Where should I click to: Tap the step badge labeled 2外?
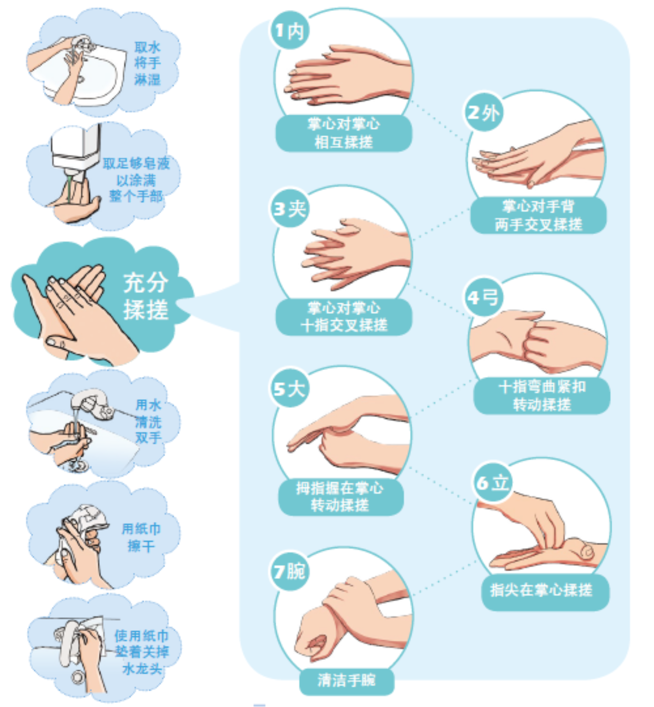(x=484, y=112)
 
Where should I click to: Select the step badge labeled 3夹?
(x=289, y=208)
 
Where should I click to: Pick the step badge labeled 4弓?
(x=484, y=297)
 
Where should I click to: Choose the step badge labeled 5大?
(x=289, y=388)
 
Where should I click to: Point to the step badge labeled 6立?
(x=493, y=482)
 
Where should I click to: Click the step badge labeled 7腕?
(x=289, y=572)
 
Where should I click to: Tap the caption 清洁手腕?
(x=347, y=679)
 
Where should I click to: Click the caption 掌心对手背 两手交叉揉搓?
(x=538, y=216)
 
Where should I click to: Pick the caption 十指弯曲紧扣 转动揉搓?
(x=542, y=396)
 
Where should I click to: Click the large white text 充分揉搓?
(x=146, y=296)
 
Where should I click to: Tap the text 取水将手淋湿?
(x=147, y=63)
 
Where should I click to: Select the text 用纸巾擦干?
(x=141, y=537)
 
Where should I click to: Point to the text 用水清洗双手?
(x=148, y=421)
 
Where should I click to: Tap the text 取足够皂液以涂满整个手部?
(x=136, y=180)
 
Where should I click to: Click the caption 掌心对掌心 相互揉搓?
(x=344, y=133)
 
